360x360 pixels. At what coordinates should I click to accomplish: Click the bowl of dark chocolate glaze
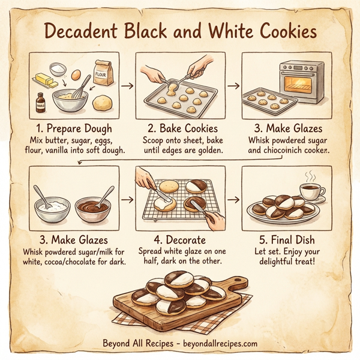93,209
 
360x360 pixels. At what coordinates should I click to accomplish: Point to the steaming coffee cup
310,192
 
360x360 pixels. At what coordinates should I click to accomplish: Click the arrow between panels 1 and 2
127,86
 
